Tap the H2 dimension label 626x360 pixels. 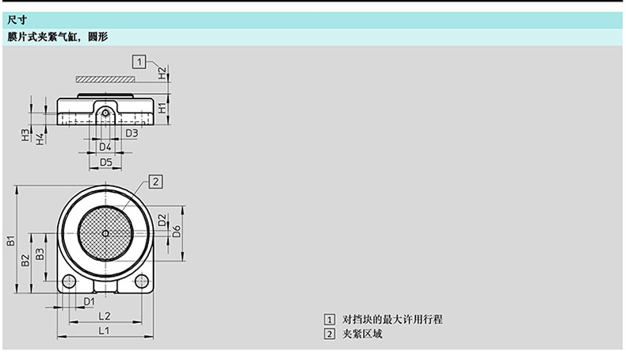[x=162, y=73]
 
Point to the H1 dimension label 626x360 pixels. [x=162, y=107]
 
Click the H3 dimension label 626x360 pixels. [x=25, y=136]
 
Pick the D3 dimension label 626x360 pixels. [x=132, y=133]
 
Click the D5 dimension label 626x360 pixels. [x=105, y=163]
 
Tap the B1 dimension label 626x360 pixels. [x=11, y=241]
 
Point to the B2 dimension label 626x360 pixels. [x=25, y=259]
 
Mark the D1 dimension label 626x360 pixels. [x=90, y=301]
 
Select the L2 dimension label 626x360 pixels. [x=103, y=316]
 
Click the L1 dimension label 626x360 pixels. [x=103, y=331]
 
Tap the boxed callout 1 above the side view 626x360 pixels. [x=140, y=60]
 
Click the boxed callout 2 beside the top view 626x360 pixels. [x=156, y=182]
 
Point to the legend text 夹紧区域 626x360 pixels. [x=363, y=334]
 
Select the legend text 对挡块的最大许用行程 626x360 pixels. [x=392, y=319]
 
